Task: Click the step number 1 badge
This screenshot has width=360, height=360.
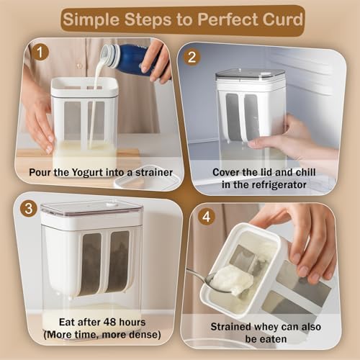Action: [x=40, y=52]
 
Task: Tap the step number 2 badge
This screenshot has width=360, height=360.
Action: [x=192, y=58]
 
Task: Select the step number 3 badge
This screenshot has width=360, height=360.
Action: [x=29, y=209]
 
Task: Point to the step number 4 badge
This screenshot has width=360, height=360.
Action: [x=207, y=217]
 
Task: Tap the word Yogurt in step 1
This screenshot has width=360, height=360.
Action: [x=87, y=173]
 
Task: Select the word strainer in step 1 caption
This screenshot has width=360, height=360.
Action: [x=154, y=172]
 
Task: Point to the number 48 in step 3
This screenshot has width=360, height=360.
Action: [x=110, y=322]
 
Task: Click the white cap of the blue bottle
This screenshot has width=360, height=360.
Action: [x=109, y=54]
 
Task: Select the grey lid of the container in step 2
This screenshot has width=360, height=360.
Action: [x=251, y=74]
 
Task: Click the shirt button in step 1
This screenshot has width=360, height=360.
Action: [x=79, y=66]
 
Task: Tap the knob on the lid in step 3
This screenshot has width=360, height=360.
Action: [x=110, y=204]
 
